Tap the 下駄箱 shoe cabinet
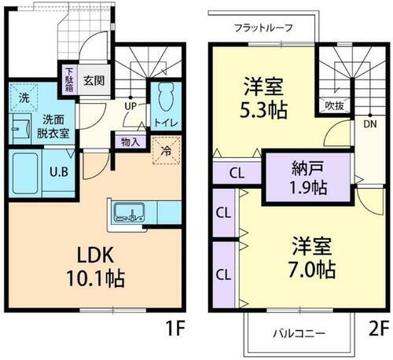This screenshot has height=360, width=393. pyautogui.click(x=70, y=79)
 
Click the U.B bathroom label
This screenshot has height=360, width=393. pyautogui.click(x=57, y=173)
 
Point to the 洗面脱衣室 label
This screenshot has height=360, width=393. pyautogui.click(x=53, y=127)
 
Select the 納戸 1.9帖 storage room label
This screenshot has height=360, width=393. pyautogui.click(x=307, y=179)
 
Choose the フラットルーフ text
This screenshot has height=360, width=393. pyautogui.click(x=263, y=28)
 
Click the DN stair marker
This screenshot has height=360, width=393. pyautogui.click(x=369, y=124)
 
